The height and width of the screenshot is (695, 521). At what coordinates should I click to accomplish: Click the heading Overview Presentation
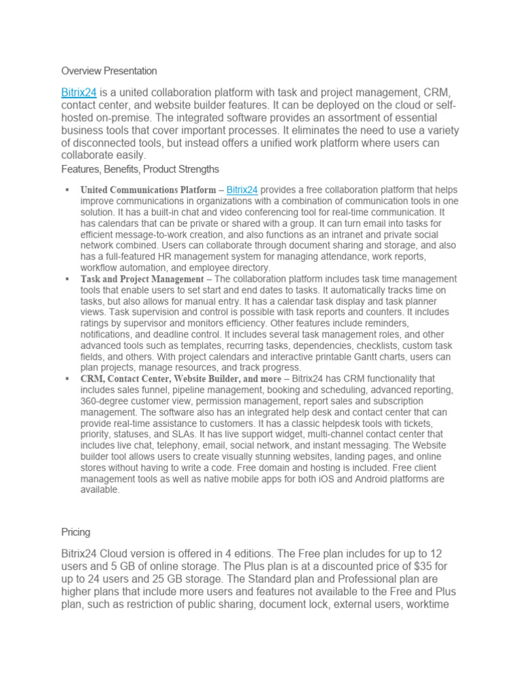[109, 71]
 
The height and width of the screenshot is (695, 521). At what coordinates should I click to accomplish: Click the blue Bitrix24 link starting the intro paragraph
[78, 92]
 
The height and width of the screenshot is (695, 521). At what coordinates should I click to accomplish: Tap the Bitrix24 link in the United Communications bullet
[242, 190]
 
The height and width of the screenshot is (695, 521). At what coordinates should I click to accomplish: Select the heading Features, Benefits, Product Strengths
[140, 168]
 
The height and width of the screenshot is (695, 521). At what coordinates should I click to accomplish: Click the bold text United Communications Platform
[148, 190]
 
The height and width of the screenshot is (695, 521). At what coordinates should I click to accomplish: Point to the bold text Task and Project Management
[142, 279]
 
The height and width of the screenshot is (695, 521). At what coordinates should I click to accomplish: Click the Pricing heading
[75, 533]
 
